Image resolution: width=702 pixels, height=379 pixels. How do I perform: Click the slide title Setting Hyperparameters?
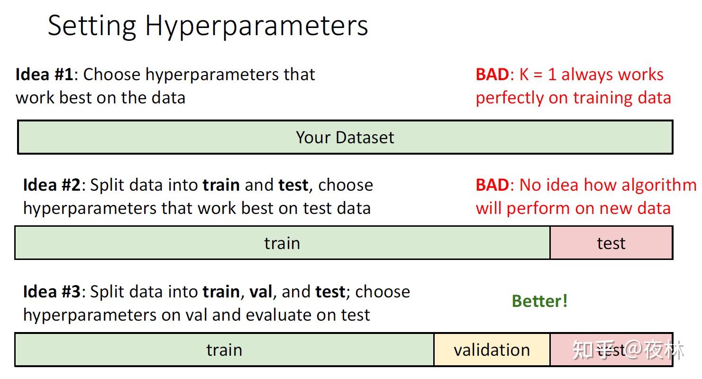coord(208,27)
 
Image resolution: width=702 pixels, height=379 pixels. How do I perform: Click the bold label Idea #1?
coord(44,74)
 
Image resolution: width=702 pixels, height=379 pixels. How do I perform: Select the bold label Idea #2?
coord(52,185)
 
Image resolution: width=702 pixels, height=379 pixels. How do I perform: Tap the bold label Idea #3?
coord(52,292)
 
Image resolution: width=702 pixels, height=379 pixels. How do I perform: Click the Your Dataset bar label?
coord(345,138)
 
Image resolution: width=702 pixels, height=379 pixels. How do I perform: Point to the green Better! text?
coord(540,301)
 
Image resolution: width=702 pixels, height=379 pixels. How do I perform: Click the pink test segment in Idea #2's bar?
coord(611,243)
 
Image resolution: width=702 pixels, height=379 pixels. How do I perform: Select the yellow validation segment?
coord(492,350)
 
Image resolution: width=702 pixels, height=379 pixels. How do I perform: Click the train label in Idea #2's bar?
coord(282,243)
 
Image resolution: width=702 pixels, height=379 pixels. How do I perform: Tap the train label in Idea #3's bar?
coord(224,350)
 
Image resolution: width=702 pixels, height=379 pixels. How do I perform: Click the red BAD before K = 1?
coord(492,74)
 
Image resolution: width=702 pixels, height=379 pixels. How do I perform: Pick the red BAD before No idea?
coord(492,185)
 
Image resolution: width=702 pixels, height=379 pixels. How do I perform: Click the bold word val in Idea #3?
coord(260,292)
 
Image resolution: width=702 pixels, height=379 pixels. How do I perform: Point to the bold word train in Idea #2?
coord(221,185)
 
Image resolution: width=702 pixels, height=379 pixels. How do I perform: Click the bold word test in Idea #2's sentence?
coord(293,185)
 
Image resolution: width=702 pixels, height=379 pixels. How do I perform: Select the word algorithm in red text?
coord(659,185)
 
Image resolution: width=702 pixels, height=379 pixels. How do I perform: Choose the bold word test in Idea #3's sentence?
coord(330,292)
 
